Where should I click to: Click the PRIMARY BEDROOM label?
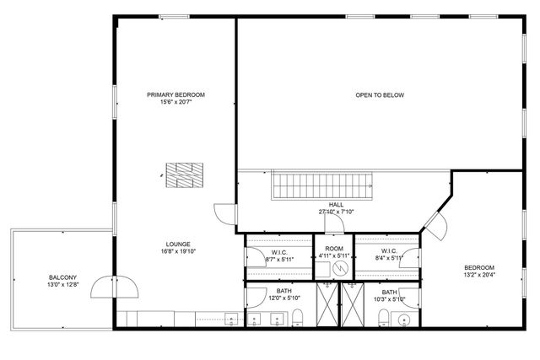[x=175, y=94]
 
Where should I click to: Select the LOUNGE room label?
[x=177, y=244]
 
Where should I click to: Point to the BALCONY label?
[x=62, y=277]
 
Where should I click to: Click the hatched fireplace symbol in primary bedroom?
[x=184, y=175]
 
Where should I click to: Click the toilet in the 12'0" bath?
[x=298, y=318]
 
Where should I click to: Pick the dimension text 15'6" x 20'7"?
[x=175, y=102]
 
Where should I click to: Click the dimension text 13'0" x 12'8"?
[x=62, y=285]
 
